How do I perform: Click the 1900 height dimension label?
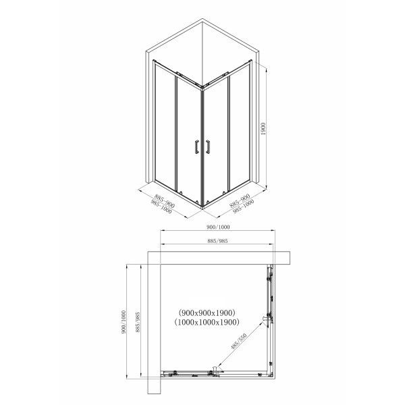tap(263, 129)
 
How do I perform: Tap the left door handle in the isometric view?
tap(197, 147)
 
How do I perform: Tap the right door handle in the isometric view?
tap(208, 147)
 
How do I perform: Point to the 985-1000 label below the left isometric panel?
tap(161, 207)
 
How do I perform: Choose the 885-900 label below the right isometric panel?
tap(240, 200)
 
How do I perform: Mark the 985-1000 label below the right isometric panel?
tap(243, 207)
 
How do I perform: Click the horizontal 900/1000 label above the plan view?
tap(218, 227)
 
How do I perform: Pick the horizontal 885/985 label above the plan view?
tap(217, 241)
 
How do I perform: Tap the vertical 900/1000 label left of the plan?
tap(124, 322)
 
